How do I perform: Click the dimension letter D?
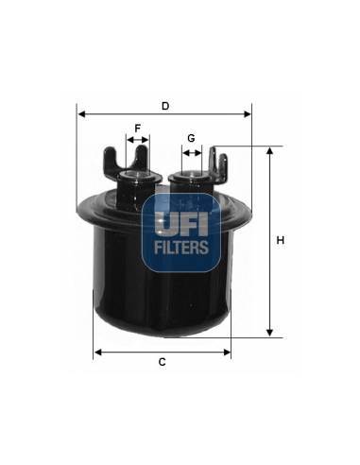pos(165,106)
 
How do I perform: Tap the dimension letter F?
pos(138,129)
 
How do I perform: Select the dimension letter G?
pos(191,138)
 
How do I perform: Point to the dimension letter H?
pos(280,240)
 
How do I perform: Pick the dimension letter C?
pos(162,362)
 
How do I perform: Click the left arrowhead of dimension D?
pos(81,114)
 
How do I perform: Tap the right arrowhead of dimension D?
pos(248,114)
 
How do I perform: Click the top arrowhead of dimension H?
pos(269,150)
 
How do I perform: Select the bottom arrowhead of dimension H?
pos(269,333)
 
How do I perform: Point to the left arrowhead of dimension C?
pos(98,353)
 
